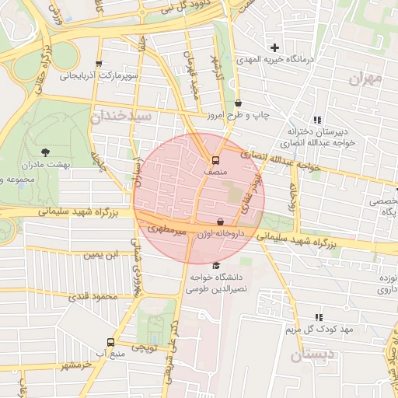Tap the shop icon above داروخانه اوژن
[x=220, y=221]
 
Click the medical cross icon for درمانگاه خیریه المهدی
[x=274, y=47]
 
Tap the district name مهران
[x=367, y=79]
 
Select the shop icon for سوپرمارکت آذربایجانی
[x=98, y=65]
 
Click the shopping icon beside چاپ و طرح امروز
[x=237, y=103]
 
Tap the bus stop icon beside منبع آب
[x=110, y=342]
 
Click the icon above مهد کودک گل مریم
[x=319, y=317]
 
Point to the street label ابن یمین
[x=103, y=254]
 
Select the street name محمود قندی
[x=91, y=296]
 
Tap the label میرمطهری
[x=168, y=231]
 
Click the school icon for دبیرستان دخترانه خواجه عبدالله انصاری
[x=316, y=120]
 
